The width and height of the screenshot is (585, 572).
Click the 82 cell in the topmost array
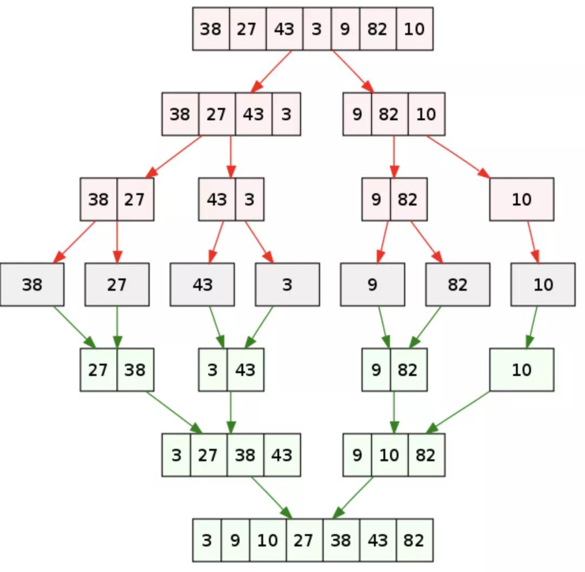coord(378,29)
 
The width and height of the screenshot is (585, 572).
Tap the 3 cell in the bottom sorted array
coord(207,540)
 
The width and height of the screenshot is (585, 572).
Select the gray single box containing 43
coord(202,284)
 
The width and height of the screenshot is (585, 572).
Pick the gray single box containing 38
coord(32,284)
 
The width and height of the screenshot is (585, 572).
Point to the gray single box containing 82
coord(458,284)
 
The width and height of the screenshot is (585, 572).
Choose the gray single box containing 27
coord(117,284)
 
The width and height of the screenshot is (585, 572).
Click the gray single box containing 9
coord(372,284)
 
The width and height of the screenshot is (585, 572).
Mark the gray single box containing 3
coord(287,284)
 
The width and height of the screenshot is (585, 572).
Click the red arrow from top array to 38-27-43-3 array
coord(271,71)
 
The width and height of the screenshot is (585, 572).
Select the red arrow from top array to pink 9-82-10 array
coord(353,71)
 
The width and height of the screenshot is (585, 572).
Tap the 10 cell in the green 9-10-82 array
coord(390,455)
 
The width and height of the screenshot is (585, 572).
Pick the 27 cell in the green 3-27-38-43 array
coord(209,455)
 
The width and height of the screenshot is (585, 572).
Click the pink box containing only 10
coord(522,199)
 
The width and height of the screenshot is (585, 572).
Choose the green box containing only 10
coord(522,370)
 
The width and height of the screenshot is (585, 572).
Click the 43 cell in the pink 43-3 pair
coord(217,199)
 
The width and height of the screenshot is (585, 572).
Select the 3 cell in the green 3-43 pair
coord(213,370)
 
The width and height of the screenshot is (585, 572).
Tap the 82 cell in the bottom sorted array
coord(415,540)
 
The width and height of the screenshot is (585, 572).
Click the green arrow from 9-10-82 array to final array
coord(353,497)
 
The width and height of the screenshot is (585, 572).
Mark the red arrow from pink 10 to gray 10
coord(534,242)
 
